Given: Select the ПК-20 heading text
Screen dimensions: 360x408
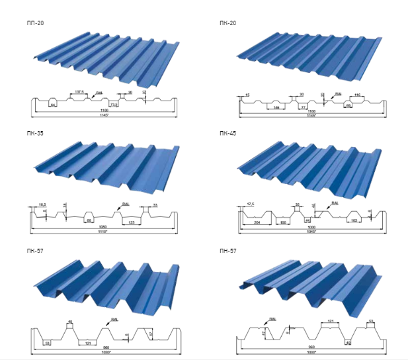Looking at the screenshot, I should point(227,23).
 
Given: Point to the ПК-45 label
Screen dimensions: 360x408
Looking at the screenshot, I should point(227,133).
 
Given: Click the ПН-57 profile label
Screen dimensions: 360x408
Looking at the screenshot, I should point(227,251).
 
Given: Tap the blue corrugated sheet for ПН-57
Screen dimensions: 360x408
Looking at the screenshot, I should point(307,281).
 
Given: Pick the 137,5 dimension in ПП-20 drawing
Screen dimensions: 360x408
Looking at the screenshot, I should point(79,92).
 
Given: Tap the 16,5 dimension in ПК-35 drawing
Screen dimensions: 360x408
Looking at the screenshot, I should point(42,206).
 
